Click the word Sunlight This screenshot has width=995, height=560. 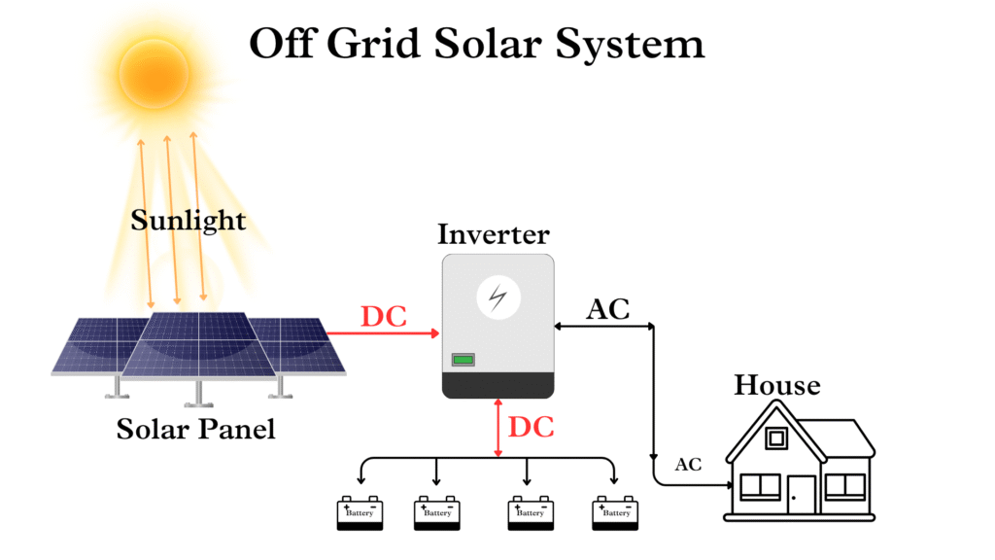point(188,221)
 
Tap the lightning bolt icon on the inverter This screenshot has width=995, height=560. point(497,297)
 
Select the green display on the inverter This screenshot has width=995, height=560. point(463,360)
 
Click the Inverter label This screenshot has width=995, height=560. point(493,234)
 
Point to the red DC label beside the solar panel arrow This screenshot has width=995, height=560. point(384,316)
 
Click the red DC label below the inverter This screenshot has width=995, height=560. point(532,427)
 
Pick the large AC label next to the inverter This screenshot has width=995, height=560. point(608,309)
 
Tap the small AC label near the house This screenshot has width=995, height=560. point(688,465)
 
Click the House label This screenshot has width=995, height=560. point(776,385)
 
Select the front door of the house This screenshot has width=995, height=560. point(801,494)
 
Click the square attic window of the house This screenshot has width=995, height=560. point(775,438)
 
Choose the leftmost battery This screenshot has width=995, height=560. point(360,513)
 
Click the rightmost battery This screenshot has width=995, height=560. point(616,513)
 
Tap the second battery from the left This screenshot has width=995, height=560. point(437,513)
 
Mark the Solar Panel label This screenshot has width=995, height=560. point(195,429)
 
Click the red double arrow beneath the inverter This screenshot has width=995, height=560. point(498,428)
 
